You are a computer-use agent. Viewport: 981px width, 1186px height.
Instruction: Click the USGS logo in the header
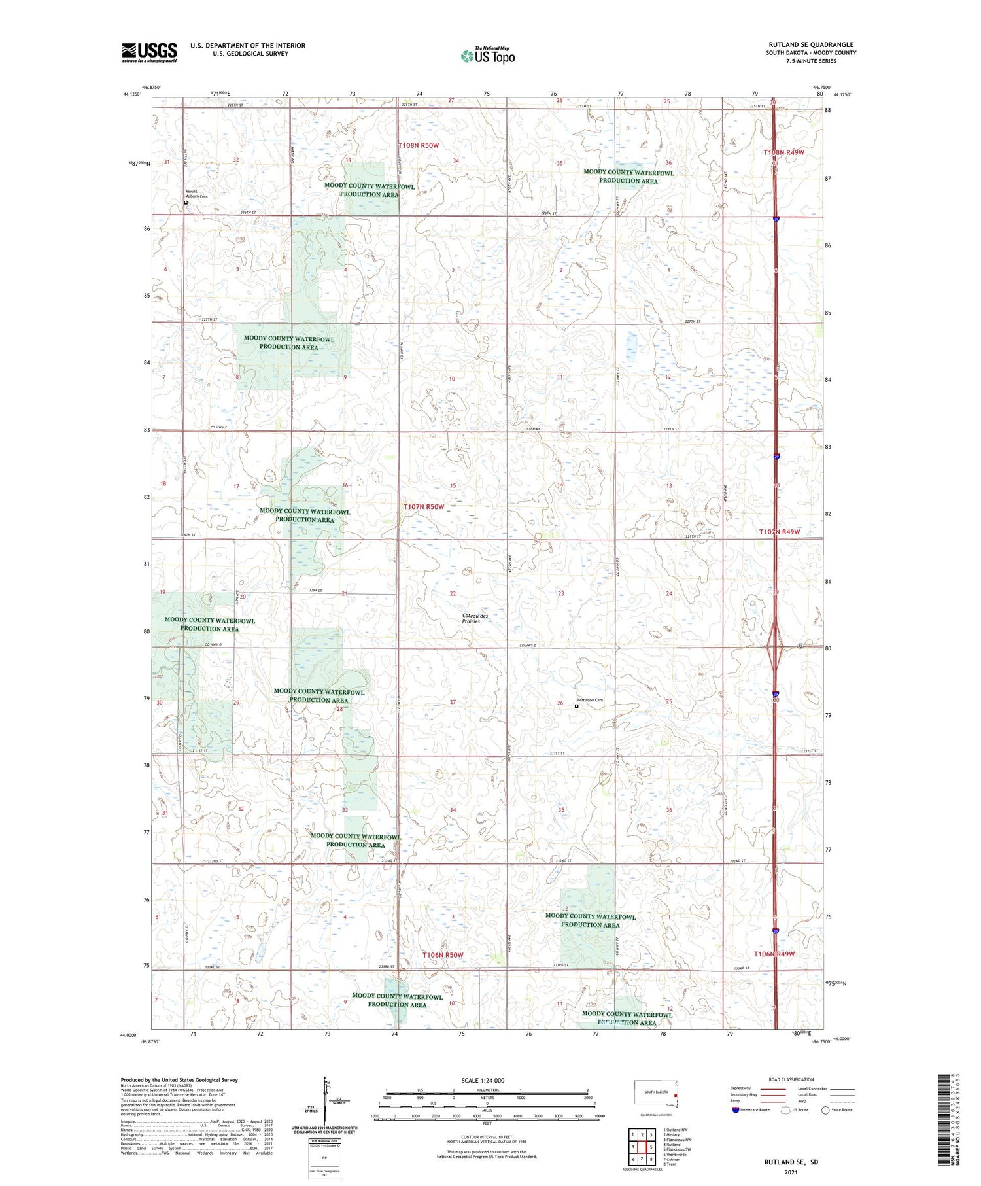pyautogui.click(x=149, y=52)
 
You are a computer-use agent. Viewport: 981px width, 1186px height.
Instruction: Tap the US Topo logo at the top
pyautogui.click(x=487, y=56)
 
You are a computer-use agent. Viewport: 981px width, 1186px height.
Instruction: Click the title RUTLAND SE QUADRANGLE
pyautogui.click(x=811, y=44)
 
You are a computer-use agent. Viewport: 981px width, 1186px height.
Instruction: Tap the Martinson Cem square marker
pyautogui.click(x=576, y=706)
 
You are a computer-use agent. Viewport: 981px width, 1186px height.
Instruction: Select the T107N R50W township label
pyautogui.click(x=424, y=507)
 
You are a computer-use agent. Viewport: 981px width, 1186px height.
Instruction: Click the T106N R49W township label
pyautogui.click(x=774, y=954)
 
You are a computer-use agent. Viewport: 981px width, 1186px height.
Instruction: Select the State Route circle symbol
pyautogui.click(x=825, y=1110)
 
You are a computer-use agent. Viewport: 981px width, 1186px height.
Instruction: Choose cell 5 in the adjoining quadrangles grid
pyautogui.click(x=651, y=1147)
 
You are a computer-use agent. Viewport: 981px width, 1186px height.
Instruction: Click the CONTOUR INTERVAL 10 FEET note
pyautogui.click(x=487, y=1137)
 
